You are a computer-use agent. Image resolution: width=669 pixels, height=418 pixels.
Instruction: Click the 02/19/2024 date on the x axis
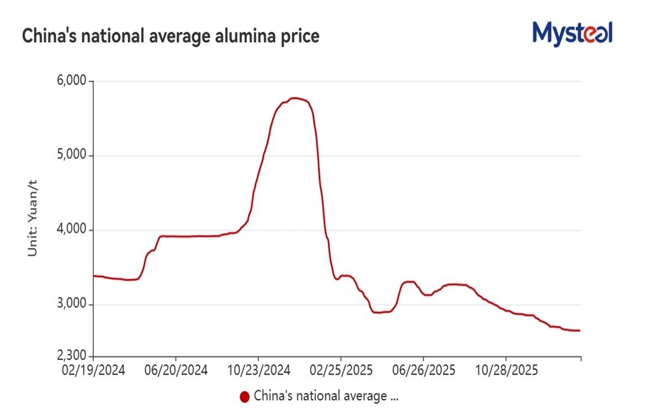point(94,371)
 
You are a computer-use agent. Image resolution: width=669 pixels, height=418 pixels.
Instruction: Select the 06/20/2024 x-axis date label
point(176,371)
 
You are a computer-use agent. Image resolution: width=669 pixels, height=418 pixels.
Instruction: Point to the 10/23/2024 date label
point(259,371)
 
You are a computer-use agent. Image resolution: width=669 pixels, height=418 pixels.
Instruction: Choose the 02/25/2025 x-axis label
point(341,371)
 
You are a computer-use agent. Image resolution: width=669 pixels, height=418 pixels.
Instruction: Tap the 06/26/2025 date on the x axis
point(423,371)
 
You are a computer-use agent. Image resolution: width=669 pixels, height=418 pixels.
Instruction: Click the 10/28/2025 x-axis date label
point(506,371)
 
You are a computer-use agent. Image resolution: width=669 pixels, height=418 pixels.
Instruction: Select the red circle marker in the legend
point(244,397)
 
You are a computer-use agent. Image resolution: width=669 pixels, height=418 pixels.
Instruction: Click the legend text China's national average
point(326,396)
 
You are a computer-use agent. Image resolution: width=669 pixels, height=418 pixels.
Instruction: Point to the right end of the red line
point(580,330)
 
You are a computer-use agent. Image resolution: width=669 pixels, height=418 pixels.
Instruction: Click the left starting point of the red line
point(94,276)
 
